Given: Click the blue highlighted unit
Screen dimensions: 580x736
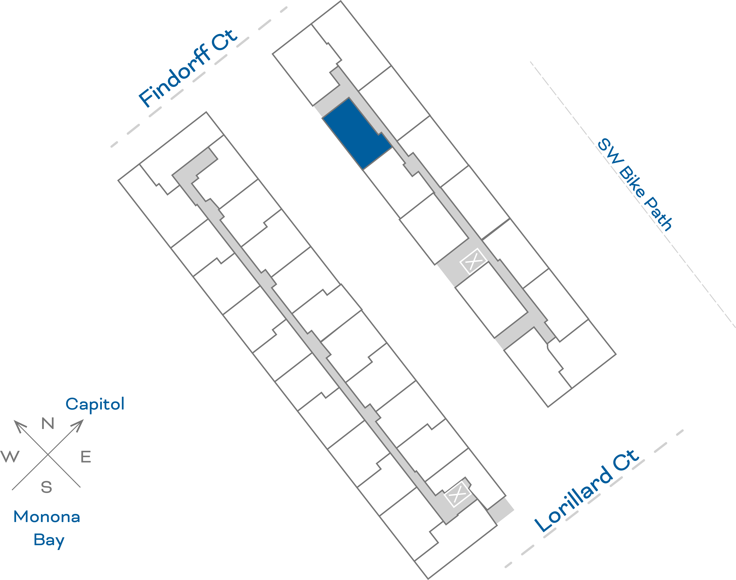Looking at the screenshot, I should click(x=357, y=133).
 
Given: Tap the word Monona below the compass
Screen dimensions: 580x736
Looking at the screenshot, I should click(x=47, y=517).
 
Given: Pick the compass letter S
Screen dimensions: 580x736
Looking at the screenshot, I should click(x=47, y=487).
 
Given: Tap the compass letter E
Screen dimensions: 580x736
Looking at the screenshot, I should click(x=86, y=457).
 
